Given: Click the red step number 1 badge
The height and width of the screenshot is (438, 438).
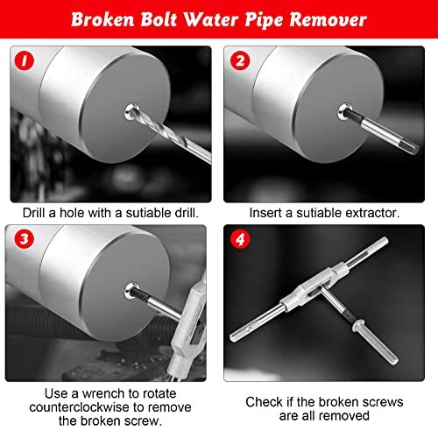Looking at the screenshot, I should tap(25, 62).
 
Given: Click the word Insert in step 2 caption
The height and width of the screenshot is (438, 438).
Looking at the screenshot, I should tap(267, 212).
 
